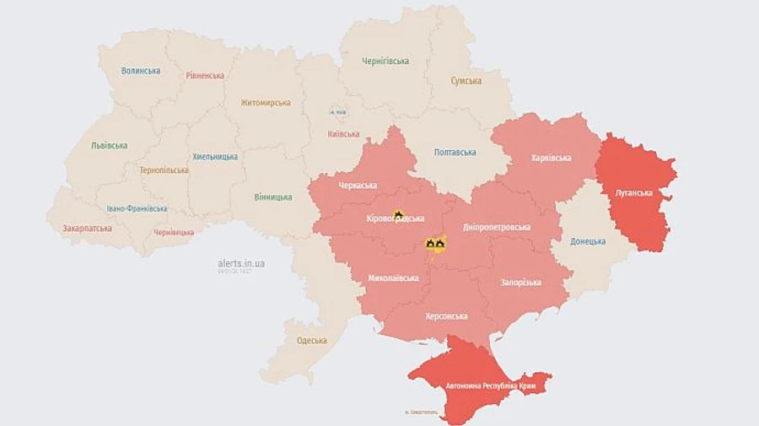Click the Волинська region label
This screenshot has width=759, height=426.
[140, 71]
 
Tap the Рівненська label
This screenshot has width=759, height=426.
[205, 75]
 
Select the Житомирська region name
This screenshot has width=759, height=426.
[265, 103]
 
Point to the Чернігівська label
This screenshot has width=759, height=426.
[385, 62]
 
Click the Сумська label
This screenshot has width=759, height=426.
[466, 81]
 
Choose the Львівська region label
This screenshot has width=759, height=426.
[109, 145]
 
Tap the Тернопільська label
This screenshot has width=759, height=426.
[164, 170]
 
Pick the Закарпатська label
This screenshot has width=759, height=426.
[87, 228]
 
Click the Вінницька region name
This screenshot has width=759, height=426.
[273, 197]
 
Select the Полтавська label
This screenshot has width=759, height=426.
[455, 153]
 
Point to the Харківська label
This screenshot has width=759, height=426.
[552, 158]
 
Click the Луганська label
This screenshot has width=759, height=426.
[634, 193]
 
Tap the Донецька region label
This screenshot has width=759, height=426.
[588, 241]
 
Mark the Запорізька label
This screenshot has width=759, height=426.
[521, 283]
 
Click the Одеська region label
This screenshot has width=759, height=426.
[312, 341]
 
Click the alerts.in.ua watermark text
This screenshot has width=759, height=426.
[241, 263]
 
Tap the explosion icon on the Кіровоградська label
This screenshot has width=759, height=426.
[398, 215]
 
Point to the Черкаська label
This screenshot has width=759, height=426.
[358, 186]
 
